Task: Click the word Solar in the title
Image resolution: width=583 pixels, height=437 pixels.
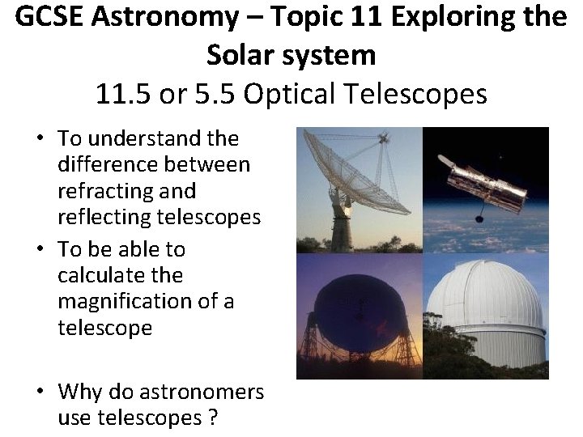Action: tap(238, 55)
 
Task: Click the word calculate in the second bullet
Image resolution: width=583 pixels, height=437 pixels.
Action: tap(109, 275)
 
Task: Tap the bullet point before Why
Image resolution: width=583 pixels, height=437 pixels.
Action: tap(38, 392)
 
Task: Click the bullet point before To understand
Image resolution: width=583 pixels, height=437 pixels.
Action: tap(38, 139)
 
